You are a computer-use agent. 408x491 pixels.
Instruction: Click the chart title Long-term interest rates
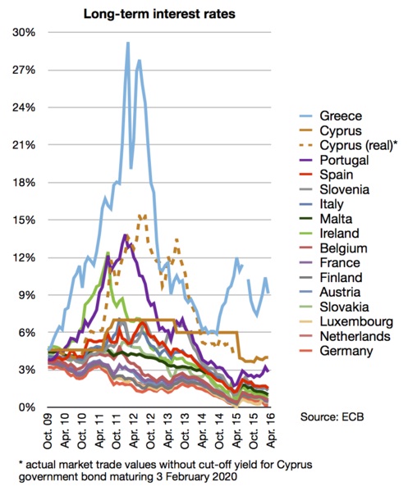point(159,14)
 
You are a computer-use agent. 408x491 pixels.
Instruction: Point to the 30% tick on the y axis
point(24,32)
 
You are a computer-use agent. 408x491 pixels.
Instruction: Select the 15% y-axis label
point(24,220)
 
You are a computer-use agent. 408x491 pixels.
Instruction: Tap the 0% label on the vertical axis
point(26,407)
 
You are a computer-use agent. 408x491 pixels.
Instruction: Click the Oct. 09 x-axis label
point(48,431)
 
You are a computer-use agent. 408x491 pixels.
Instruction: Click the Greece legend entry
point(341,116)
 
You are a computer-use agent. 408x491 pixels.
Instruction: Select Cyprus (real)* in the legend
point(359,145)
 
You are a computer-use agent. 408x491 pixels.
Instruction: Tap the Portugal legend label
point(344,160)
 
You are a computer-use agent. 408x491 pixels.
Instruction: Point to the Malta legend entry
point(336,219)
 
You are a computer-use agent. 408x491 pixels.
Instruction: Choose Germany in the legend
point(346,351)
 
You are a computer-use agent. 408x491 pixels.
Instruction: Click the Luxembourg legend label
point(356,321)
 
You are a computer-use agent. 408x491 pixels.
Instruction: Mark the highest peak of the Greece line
point(127,43)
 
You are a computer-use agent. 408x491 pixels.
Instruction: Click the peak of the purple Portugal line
point(125,234)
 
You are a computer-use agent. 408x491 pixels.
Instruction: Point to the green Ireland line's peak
point(108,252)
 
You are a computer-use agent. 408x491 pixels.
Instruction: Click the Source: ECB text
point(332,416)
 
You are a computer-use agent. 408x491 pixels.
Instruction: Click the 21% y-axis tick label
point(24,145)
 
